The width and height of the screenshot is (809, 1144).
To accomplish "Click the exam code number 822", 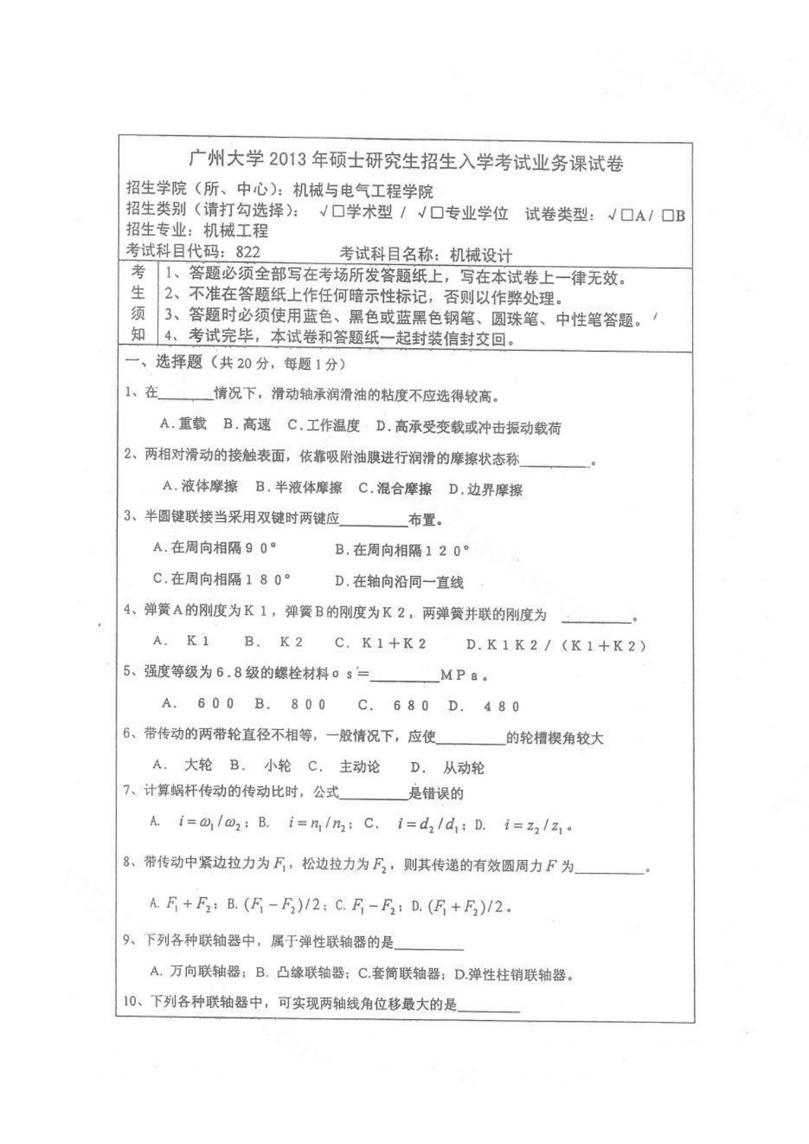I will [x=247, y=252].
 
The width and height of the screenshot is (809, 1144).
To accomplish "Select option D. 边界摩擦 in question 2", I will [x=485, y=489].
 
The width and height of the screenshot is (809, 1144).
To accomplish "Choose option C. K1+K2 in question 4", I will [x=380, y=642].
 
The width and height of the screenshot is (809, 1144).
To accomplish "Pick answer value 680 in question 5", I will [x=411, y=706].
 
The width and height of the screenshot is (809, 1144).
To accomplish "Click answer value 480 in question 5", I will [x=502, y=706].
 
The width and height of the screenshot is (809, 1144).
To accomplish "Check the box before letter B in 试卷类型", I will [x=668, y=215].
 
